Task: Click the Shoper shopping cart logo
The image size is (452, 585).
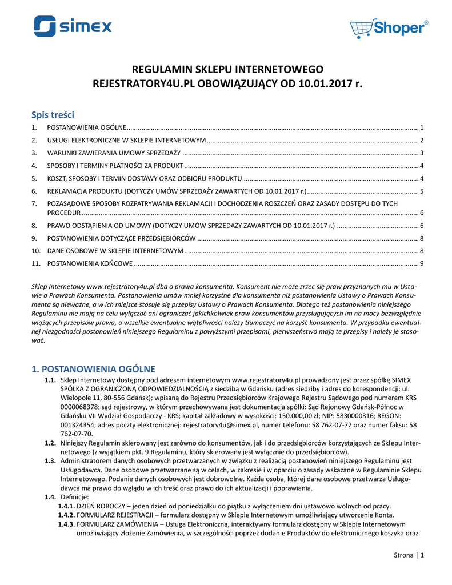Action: tap(389, 27)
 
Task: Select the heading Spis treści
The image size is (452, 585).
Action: tap(53, 114)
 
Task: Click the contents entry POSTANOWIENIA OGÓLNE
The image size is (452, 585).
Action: tap(86, 127)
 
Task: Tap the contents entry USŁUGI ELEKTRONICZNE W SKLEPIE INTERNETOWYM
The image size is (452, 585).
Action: tap(126, 140)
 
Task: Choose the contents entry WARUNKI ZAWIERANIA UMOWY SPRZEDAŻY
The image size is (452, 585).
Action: tap(114, 153)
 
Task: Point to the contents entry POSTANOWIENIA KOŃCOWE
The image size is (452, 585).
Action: tap(90, 263)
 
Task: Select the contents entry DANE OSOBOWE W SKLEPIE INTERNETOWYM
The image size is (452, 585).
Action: tap(115, 251)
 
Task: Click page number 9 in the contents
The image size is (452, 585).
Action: tap(421, 263)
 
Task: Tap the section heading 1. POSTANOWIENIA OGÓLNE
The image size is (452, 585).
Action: tap(93, 368)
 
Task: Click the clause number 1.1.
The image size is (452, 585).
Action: tap(50, 380)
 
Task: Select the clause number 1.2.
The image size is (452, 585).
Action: tap(50, 443)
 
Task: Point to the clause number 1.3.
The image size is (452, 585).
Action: tap(50, 460)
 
